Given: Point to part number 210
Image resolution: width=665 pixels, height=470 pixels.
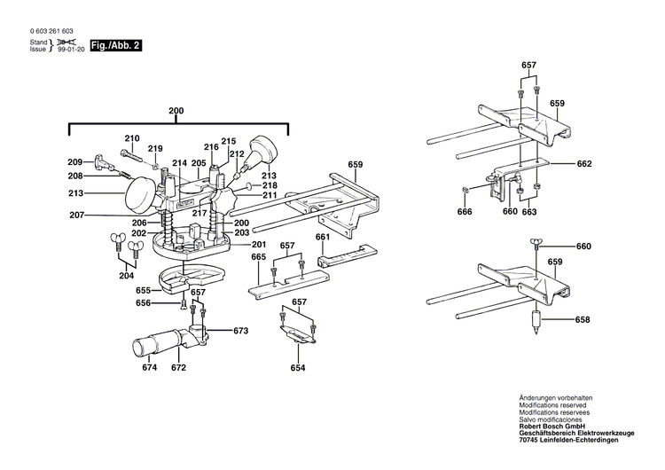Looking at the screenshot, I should pos(132,138).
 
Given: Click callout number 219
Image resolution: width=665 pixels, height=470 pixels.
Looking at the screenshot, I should pos(155,148).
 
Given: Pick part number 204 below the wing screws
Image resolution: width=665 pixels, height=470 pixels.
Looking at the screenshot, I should pos(128,275).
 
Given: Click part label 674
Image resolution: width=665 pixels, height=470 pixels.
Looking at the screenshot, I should pos(150,367).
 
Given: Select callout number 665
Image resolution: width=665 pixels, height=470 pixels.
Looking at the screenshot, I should pos(258,256).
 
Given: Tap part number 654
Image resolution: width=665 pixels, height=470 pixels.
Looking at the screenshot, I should pos(298,367).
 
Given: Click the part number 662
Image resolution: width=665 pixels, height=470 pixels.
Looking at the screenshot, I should pos(583,164).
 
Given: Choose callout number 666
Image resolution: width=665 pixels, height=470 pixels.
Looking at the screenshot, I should pos(465,212).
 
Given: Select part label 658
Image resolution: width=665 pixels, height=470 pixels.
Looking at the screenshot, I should pos(582,319).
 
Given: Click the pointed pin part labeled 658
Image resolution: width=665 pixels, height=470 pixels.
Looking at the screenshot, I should pos(536,321).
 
